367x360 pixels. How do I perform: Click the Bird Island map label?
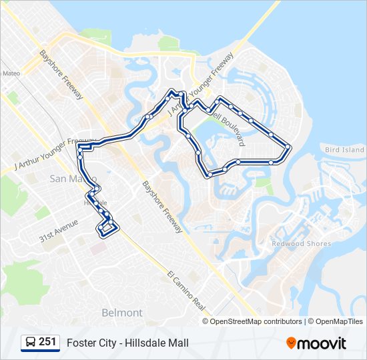point(344,150)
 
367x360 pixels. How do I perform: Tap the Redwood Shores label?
point(301,244)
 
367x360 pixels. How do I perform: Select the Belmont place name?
point(122,313)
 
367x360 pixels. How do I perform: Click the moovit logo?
point(316,343)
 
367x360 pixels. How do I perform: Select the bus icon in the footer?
point(30,343)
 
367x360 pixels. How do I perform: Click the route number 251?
point(47,342)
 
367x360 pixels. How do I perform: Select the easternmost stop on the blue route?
point(289,147)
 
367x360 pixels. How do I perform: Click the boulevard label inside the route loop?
point(228,129)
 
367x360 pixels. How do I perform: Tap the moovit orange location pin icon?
point(292,343)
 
